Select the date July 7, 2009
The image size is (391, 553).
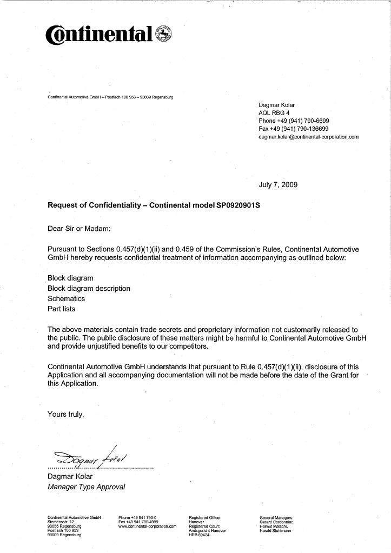278,185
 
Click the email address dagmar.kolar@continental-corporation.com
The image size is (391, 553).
309,137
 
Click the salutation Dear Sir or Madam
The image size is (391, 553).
79,228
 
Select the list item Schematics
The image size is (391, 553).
67,298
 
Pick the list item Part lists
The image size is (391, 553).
62,309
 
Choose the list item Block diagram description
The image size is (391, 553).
89,288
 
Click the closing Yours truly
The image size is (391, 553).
66,415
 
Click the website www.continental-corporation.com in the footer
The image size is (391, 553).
148,526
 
